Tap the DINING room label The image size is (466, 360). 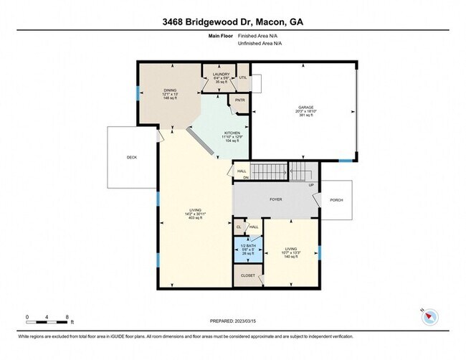point(170,90)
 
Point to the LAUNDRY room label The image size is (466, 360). point(221,74)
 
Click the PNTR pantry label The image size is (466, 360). point(239,100)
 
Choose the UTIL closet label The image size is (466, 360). point(242,77)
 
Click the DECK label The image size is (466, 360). point(131,156)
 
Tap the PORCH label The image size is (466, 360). point(336,201)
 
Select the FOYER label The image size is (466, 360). point(276,201)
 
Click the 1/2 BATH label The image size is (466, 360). point(247,245)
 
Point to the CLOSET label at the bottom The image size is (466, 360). point(247,274)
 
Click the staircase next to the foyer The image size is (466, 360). point(301,172)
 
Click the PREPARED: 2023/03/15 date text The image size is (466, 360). point(233,321)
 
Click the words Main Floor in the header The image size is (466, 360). point(221,34)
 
